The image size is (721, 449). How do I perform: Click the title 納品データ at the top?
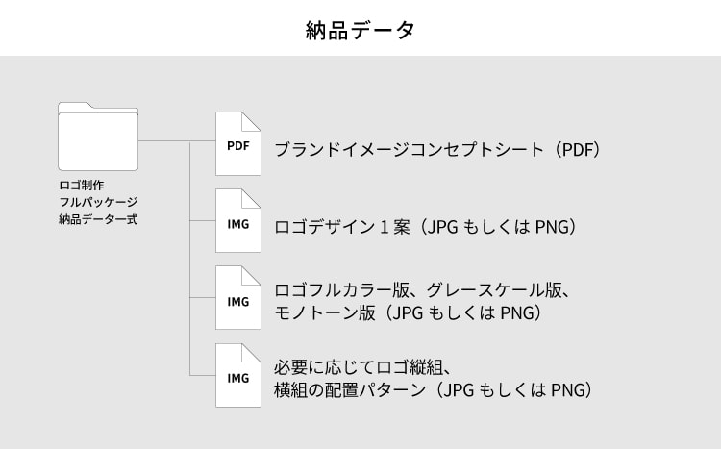point(360,30)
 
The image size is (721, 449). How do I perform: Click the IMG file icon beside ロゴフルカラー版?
point(237,299)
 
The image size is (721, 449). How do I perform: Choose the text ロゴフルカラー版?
point(342,289)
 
